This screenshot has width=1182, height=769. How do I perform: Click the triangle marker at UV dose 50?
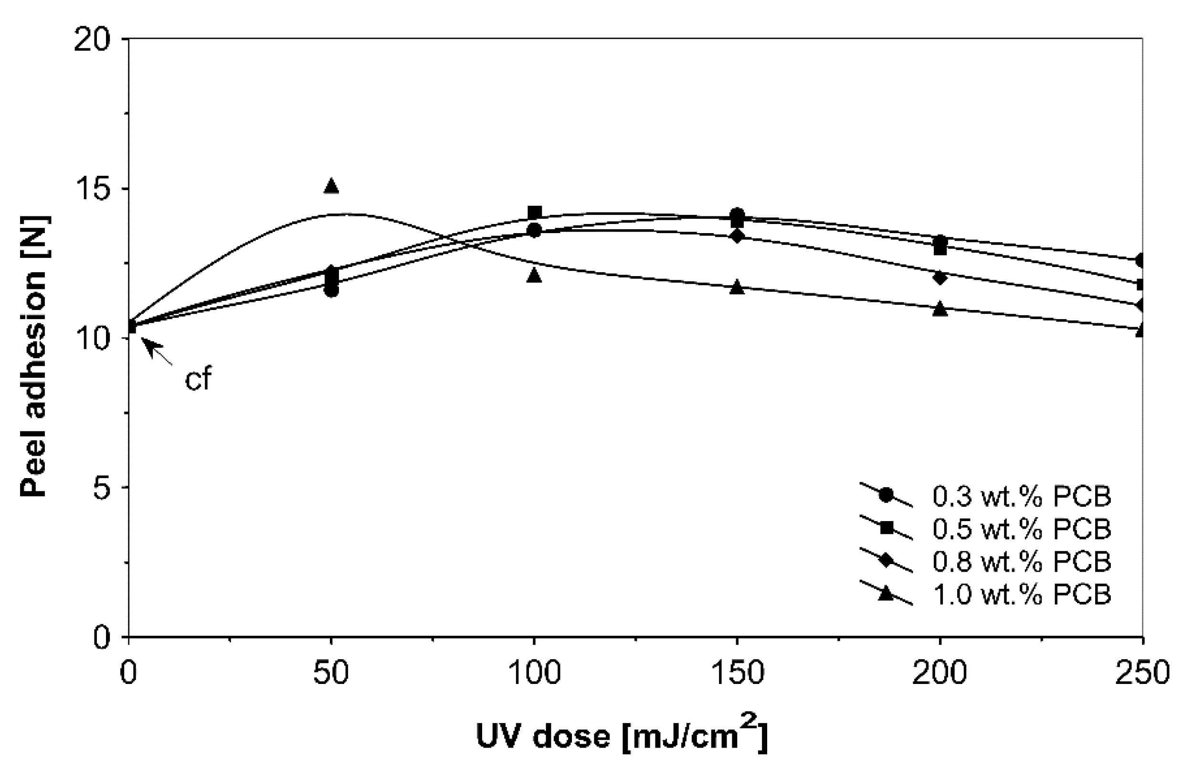pos(331,186)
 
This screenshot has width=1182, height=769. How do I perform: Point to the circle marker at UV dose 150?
pos(737,215)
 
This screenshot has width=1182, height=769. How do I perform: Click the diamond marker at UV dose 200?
pos(939,277)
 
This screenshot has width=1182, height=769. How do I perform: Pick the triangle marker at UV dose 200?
pos(939,310)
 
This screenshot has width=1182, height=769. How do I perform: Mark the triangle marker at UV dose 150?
pos(737,288)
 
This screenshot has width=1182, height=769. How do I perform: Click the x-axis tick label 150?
pos(737,673)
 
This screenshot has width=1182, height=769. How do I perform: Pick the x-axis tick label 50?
pos(331,673)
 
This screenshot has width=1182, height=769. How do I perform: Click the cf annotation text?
pos(198,380)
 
